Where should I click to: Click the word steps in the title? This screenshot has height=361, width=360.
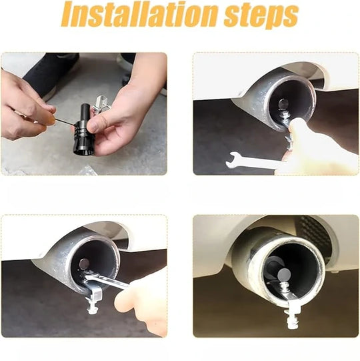point(261,15)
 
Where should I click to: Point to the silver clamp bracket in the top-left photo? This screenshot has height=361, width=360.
point(101,103)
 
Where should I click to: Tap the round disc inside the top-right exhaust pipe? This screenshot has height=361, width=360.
point(283,104)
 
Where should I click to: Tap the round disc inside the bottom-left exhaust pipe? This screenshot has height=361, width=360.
point(84,264)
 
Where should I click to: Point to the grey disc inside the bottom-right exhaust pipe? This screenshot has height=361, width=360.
point(285,274)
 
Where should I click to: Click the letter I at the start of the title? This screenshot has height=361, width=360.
point(68,14)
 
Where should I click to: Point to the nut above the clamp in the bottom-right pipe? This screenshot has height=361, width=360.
point(285,286)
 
